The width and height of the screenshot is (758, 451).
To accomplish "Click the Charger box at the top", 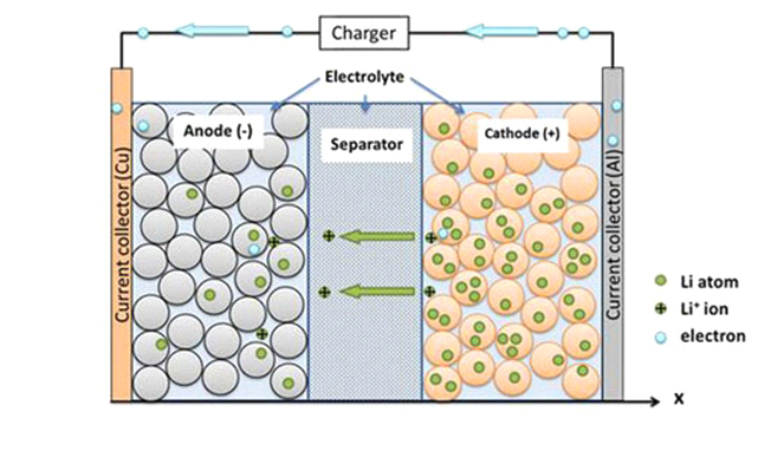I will (365, 33).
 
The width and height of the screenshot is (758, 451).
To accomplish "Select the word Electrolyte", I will (364, 76).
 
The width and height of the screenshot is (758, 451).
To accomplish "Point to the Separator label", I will (365, 145).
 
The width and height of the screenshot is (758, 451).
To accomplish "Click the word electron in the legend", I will (712, 336).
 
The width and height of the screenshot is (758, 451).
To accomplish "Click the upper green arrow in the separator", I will (378, 237).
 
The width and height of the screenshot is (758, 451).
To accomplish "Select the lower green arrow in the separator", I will (378, 291).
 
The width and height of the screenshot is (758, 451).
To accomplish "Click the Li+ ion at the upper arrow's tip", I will (328, 237).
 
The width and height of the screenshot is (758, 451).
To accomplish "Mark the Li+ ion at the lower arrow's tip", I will (325, 291).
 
